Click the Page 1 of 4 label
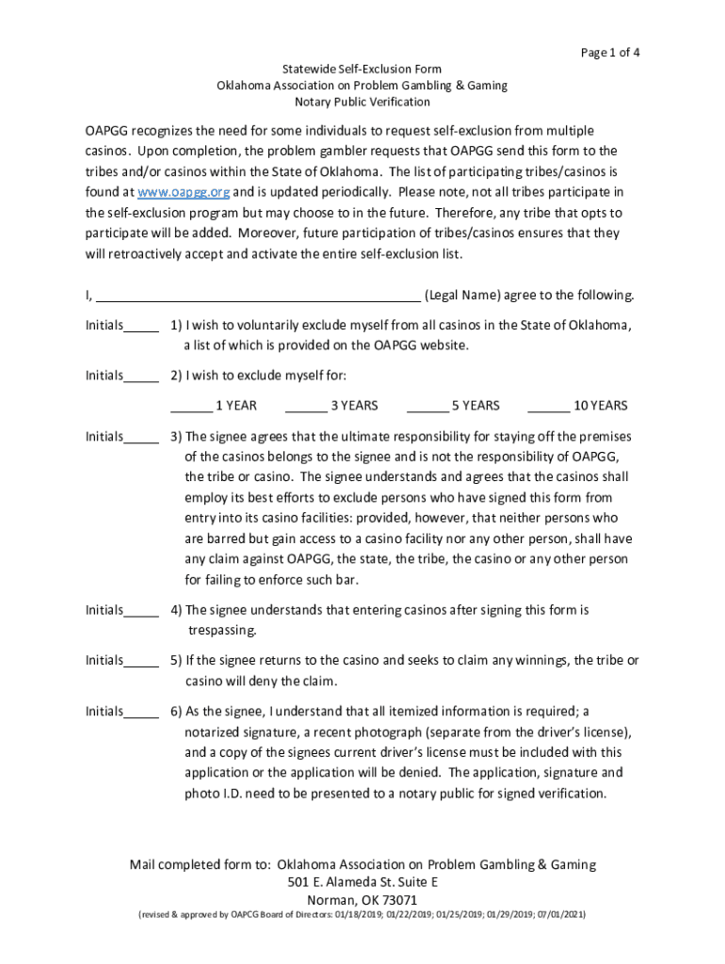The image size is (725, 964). point(612,53)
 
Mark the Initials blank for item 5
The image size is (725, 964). point(141,663)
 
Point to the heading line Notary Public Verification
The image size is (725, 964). point(362,102)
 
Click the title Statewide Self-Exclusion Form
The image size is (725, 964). point(362,70)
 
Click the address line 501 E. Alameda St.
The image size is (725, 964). point(362,882)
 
